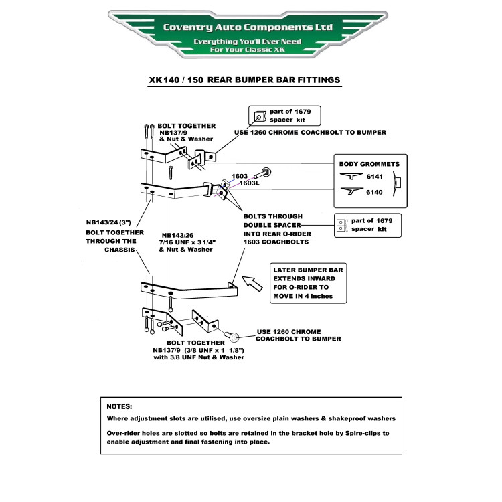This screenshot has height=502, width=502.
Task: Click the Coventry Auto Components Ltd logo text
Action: point(248,27)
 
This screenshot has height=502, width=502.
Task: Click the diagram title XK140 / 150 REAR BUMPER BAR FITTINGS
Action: point(245,80)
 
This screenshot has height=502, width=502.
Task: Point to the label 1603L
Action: point(249,183)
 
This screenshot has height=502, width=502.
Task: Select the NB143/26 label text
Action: point(177,235)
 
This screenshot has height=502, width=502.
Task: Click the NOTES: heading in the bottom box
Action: point(120,406)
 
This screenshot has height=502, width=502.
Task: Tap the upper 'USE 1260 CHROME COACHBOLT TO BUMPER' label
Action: point(310,133)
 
